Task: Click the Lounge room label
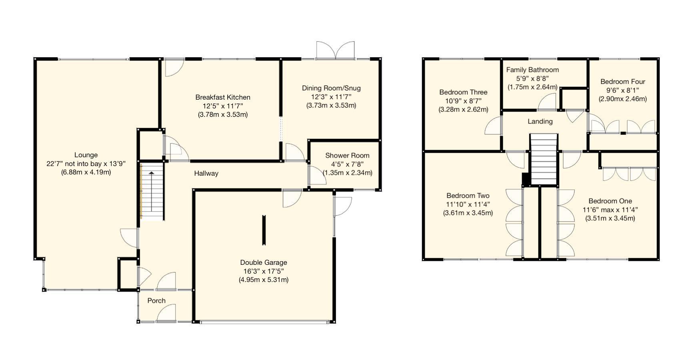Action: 86,155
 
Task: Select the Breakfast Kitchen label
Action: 223,97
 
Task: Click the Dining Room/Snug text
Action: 331,88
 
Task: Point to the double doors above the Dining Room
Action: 335,51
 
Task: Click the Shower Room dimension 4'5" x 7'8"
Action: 347,164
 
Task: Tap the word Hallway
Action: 206,173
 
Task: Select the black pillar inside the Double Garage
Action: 264,230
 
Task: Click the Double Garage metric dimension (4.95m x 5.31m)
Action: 264,280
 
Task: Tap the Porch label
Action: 156,301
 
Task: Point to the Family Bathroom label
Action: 532,70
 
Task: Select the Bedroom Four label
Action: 622,82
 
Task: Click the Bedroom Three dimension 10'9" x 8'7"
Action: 463,101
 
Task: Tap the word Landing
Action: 540,122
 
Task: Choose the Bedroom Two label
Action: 468,196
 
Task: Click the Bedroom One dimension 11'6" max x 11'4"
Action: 610,210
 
